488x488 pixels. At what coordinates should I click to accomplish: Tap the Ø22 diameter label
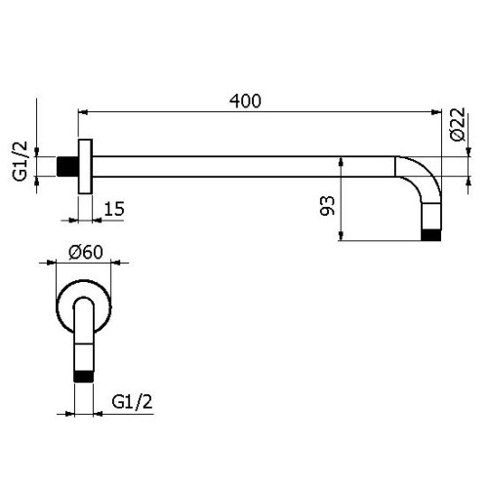tap(457, 129)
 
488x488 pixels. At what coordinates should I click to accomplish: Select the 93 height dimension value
tap(327, 206)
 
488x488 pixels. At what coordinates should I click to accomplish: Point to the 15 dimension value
tap(113, 208)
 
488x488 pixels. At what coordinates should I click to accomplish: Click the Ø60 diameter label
tap(86, 252)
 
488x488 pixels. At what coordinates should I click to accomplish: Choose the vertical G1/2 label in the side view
tap(18, 160)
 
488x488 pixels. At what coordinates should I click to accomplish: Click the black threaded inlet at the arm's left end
tap(70, 166)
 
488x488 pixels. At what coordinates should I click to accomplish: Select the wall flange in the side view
tap(86, 166)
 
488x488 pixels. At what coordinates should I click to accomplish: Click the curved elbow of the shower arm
tap(417, 185)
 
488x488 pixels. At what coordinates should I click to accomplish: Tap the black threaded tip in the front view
tap(84, 373)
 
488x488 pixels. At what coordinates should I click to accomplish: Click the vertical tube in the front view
tap(84, 337)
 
